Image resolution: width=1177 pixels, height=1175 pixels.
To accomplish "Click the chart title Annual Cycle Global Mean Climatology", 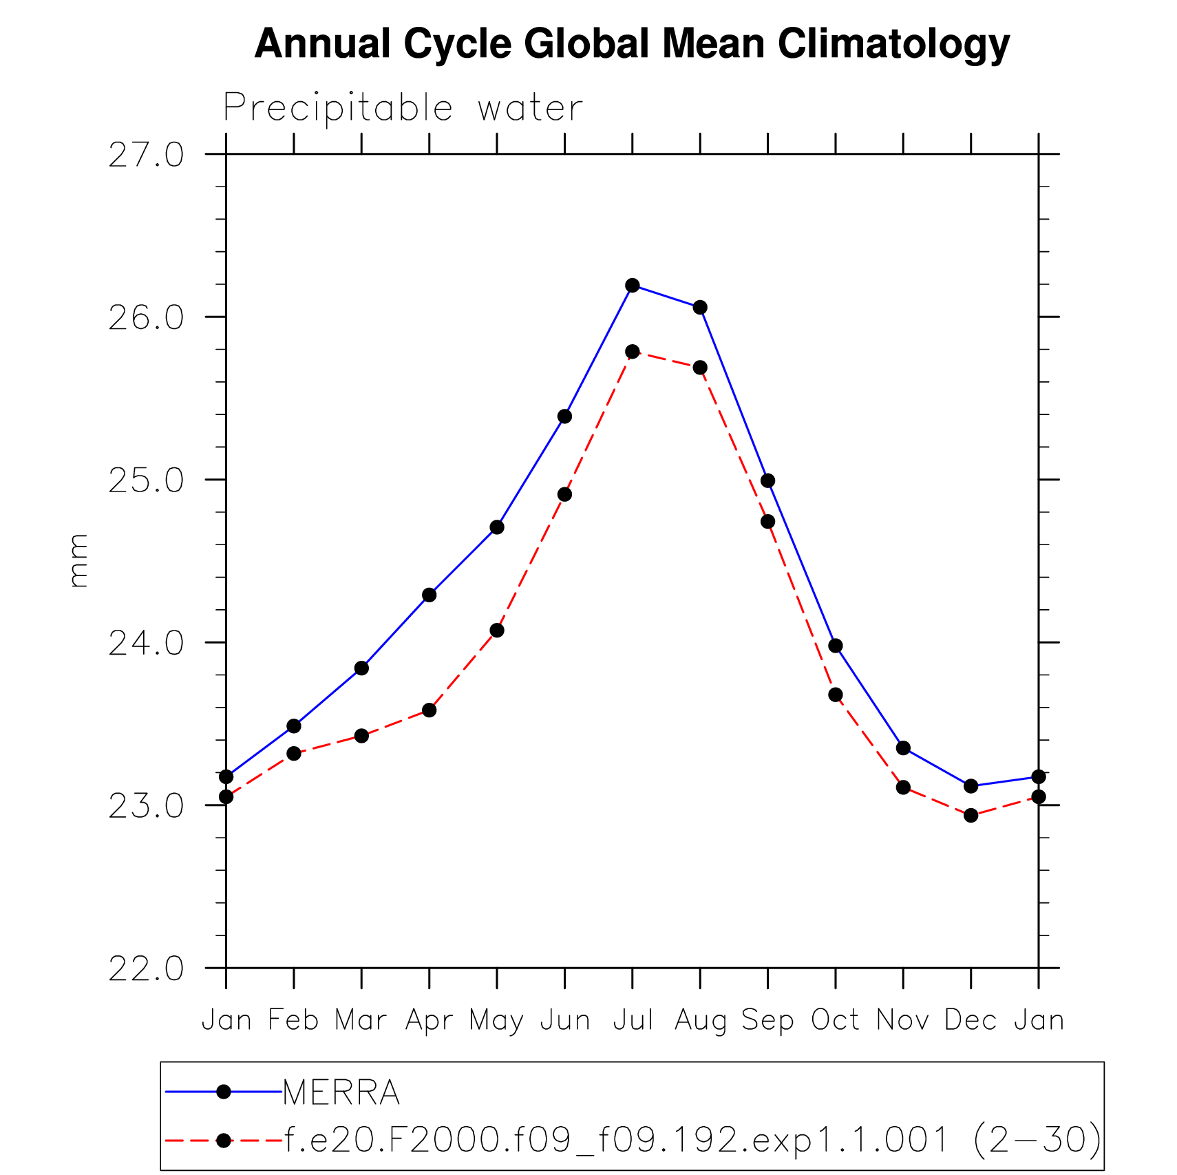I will (631, 44).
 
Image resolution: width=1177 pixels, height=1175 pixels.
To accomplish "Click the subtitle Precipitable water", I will (403, 108).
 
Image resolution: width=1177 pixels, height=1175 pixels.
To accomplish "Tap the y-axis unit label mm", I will (78, 560).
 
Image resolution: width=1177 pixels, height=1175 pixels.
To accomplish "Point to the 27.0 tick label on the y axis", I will (146, 155).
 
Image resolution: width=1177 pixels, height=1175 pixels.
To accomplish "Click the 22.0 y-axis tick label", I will (146, 969).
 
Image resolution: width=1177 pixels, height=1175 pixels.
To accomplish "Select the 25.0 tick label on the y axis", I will (146, 480).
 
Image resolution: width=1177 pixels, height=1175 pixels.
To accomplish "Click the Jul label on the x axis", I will (632, 1020).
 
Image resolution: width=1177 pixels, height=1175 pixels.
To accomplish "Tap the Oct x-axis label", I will (835, 1020).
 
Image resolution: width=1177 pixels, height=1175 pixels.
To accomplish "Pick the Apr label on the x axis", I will (429, 1020).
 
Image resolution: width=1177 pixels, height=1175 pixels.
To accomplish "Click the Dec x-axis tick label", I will (971, 1020).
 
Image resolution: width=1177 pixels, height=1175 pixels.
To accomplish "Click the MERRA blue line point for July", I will (633, 285).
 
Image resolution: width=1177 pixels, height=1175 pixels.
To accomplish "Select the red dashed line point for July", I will (633, 352).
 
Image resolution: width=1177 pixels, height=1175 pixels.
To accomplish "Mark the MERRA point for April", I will (430, 595).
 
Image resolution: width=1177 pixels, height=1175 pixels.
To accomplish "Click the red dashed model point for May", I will (497, 631).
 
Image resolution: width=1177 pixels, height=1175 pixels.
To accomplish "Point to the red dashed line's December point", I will (971, 816).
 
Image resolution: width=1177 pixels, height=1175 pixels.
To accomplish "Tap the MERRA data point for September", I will (768, 480).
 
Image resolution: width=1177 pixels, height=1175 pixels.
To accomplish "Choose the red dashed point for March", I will (361, 736).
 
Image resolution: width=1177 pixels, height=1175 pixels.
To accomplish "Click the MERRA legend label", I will (341, 1092).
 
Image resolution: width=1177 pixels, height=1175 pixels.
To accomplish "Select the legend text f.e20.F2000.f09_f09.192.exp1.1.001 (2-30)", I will (692, 1139).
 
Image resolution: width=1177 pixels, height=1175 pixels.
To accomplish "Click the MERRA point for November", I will (904, 748).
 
